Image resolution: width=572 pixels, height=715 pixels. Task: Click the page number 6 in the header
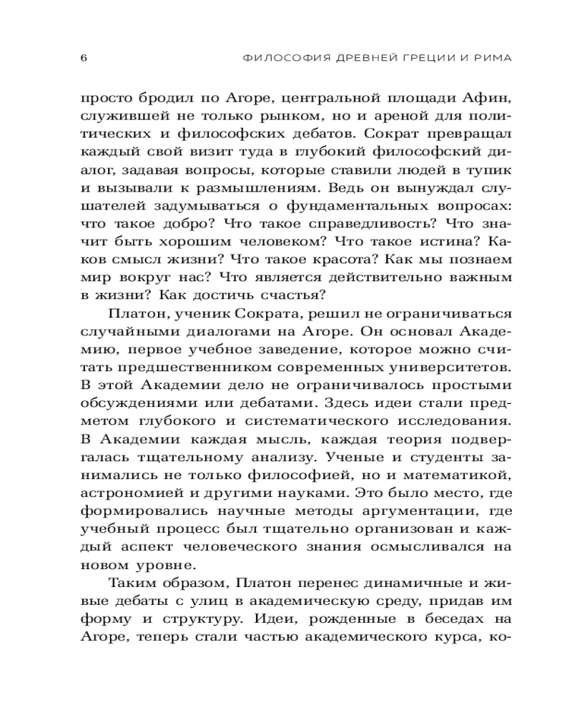[x=83, y=57]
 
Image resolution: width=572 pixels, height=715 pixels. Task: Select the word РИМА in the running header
[x=493, y=57]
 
